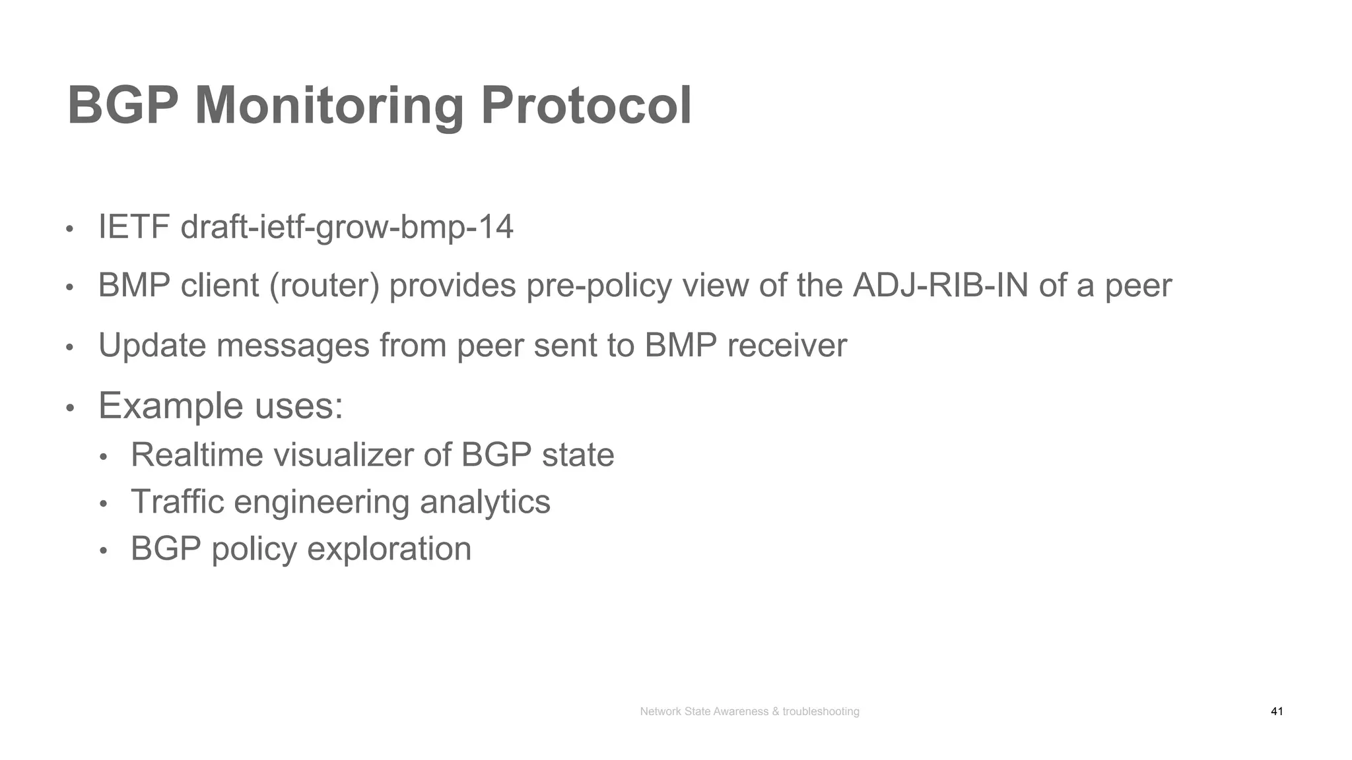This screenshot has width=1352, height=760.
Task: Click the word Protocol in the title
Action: point(586,106)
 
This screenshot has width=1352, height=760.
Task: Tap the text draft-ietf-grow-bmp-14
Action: point(347,227)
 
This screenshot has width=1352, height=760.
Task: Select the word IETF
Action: point(134,227)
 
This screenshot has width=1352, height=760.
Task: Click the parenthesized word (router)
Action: point(324,286)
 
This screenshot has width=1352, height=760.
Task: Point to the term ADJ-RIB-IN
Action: point(940,286)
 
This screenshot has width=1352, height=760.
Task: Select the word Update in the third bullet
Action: point(152,345)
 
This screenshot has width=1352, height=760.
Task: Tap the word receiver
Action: point(787,345)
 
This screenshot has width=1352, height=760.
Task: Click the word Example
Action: point(171,405)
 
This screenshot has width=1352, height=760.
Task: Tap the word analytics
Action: point(485,503)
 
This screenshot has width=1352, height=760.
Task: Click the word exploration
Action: point(389,549)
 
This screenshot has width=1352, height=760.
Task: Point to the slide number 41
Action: point(1276,711)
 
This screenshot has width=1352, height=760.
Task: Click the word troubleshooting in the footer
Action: point(821,711)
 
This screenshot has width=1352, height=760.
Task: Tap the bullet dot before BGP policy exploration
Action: point(103,551)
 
